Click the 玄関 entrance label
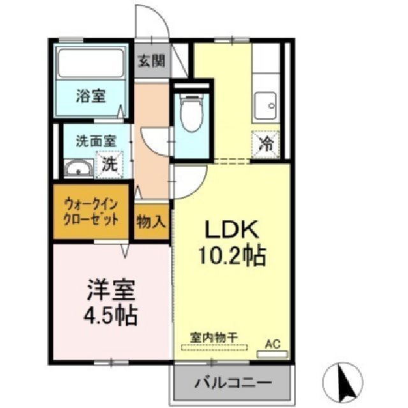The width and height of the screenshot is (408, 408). coord(151,62)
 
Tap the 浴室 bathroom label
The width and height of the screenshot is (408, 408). coord(91,97)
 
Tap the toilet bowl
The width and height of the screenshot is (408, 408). coord(189,112)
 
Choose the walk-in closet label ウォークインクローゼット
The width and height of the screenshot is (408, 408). coord(91,212)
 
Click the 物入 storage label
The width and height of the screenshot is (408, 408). coord(151,222)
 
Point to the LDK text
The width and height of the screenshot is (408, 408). coord(230,229)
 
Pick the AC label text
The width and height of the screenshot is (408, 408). coord(272,344)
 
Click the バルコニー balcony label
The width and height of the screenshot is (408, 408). coord(233,384)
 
